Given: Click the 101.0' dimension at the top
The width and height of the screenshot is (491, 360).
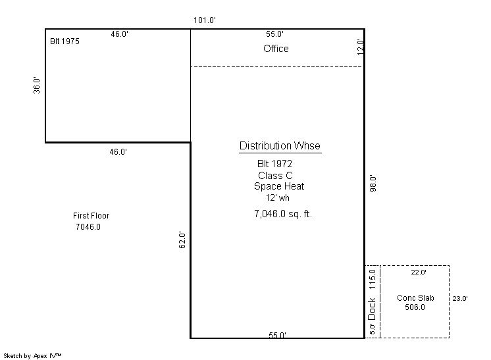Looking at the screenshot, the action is [x=205, y=20].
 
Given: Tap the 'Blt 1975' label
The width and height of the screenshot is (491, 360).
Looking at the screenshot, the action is [x=65, y=41].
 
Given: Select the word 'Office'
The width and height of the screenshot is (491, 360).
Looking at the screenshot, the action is [x=276, y=49].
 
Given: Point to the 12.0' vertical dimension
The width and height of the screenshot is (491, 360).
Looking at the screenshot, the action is [x=361, y=47].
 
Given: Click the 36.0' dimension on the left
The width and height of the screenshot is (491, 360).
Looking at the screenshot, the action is [x=37, y=85].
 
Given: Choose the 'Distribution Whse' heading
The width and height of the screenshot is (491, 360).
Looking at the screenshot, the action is [x=280, y=146].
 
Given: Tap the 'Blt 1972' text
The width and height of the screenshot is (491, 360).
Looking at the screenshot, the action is [x=274, y=164].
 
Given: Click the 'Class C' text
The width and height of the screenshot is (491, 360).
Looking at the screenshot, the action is [x=275, y=175].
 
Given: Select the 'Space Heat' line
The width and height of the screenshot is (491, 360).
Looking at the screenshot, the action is [x=279, y=186].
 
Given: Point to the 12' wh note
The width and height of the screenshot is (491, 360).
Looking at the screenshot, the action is [x=278, y=198].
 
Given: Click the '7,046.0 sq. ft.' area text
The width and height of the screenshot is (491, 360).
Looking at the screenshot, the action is [x=283, y=214].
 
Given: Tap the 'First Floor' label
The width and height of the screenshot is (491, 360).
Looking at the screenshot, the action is [x=91, y=216].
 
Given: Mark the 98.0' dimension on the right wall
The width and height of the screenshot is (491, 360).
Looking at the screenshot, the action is [x=373, y=184].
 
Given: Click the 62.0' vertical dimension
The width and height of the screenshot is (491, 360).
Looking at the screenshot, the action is [x=182, y=240].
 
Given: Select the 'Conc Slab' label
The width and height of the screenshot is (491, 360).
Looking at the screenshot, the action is [x=415, y=298].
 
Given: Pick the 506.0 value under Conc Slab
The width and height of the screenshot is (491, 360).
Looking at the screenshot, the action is [x=415, y=307].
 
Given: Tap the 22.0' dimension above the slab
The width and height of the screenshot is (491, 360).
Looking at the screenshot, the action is [x=419, y=272].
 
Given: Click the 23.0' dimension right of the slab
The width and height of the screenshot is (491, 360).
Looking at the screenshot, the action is [x=460, y=299].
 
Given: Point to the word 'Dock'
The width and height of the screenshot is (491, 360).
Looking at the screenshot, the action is [x=372, y=309].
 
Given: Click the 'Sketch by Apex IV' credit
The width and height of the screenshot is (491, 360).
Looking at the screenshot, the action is [x=32, y=356].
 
